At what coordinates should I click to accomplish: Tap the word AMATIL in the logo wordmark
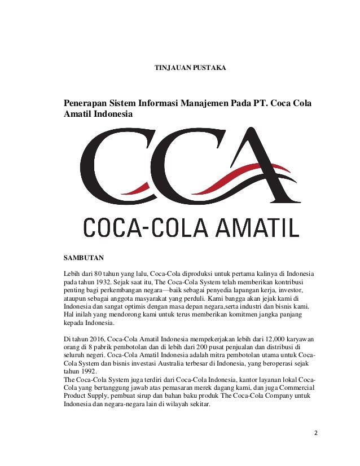coord(258,227)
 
